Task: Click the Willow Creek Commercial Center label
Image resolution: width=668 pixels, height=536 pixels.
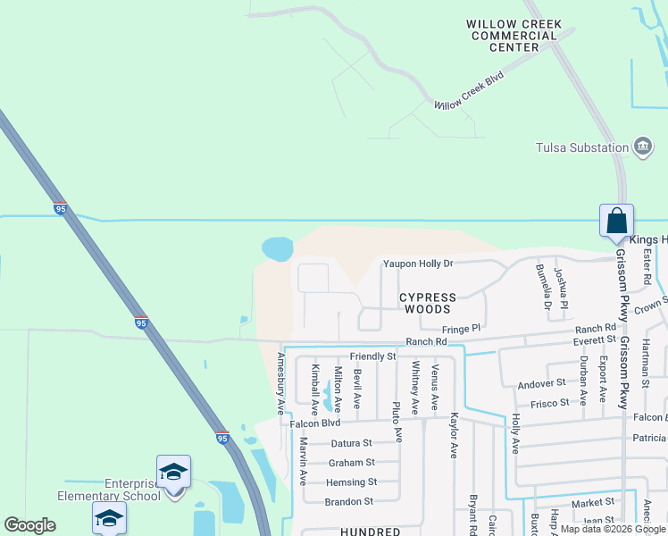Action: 514,36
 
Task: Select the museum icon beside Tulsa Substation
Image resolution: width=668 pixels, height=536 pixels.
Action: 641,147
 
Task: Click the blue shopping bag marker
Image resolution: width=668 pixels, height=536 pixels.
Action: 616,222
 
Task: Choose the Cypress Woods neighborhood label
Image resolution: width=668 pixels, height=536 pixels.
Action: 427,303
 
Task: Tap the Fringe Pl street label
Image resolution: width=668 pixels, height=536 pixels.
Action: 461,329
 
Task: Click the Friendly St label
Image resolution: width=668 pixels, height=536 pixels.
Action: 372,356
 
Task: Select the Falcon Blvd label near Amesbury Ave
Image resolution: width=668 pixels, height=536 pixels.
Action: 315,423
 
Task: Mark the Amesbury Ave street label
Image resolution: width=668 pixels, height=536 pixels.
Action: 280,383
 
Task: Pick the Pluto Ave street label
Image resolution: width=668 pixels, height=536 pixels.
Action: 397,422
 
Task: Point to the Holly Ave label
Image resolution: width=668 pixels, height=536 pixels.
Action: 515,432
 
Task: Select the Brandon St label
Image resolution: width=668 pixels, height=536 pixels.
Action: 348,502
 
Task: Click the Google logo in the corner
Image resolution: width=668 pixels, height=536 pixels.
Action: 29,525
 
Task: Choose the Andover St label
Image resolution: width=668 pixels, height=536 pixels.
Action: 542,383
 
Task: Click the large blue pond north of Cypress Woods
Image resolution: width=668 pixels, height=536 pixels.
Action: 278,248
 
